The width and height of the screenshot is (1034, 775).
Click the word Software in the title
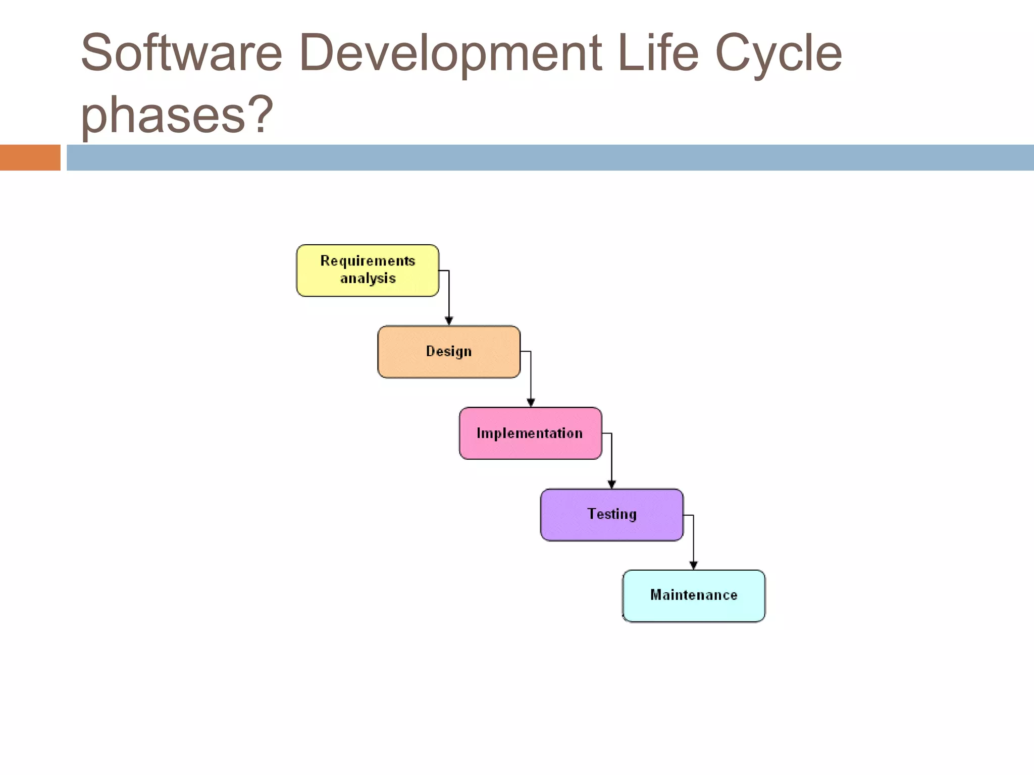point(181,53)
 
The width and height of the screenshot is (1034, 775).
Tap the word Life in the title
point(658,53)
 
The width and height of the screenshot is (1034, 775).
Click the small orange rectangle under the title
point(30,157)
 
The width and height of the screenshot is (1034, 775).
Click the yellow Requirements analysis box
point(368,270)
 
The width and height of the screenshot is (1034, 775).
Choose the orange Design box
point(449,352)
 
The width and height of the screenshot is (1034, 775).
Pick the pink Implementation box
point(530,433)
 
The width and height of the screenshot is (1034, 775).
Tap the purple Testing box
point(611,515)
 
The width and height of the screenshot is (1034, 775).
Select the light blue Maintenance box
point(693,596)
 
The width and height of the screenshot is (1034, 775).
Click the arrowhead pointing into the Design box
point(449,321)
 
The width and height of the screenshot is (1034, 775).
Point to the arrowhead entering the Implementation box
point(531,403)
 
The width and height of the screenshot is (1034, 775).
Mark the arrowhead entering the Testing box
point(611,484)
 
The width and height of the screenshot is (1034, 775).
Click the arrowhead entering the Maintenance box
point(693,566)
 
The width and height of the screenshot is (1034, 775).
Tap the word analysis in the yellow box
point(368,279)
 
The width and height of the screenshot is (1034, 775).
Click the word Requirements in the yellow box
point(368,261)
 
